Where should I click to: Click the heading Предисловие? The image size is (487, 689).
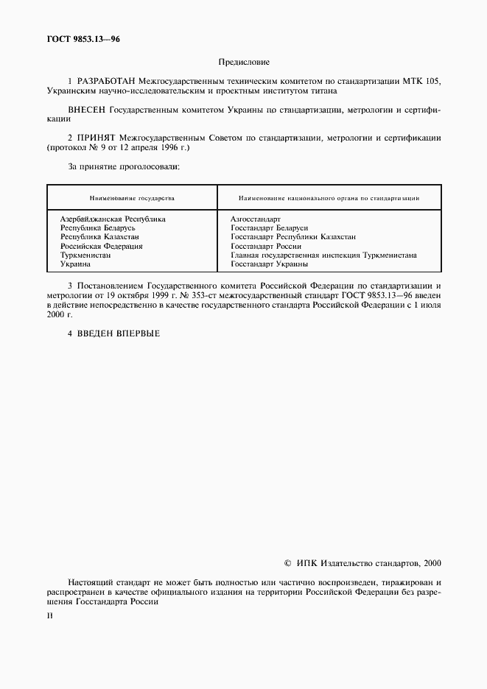point(244,63)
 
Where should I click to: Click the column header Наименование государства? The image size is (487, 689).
point(132,198)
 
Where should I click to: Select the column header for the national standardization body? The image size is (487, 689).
point(329,198)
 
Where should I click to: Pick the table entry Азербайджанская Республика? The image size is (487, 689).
point(113,219)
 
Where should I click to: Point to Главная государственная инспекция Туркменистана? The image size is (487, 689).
point(323,255)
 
